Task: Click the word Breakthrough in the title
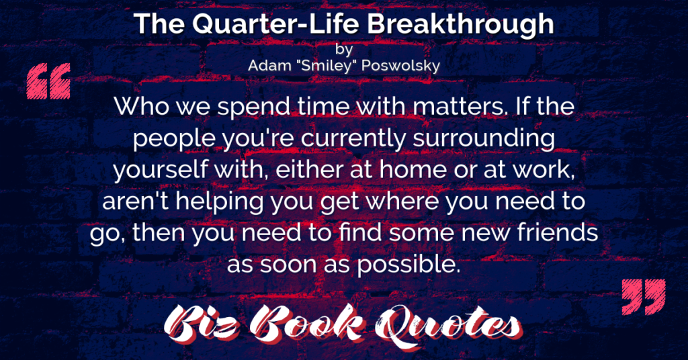(460, 25)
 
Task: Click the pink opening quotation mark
(48, 81)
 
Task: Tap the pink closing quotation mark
(644, 296)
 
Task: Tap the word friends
(557, 233)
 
